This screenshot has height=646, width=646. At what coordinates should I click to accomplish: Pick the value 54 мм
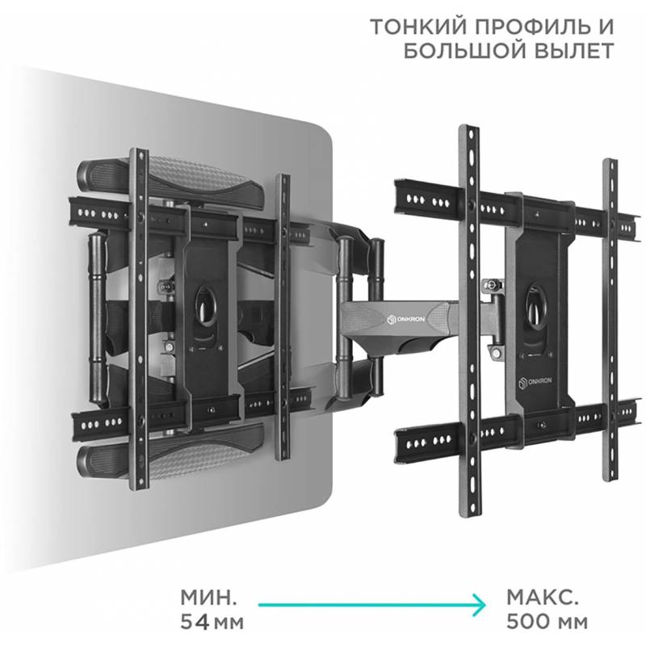click(x=212, y=622)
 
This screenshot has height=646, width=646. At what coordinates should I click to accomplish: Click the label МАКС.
click(x=542, y=598)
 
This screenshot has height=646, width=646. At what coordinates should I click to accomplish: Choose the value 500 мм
click(x=547, y=622)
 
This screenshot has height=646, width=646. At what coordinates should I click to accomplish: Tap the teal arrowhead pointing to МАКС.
click(x=479, y=605)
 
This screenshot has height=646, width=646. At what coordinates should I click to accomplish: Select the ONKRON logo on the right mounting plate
click(x=535, y=383)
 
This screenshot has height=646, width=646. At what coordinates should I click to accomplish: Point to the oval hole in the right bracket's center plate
click(x=536, y=306)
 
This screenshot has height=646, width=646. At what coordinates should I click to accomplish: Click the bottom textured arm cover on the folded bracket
click(x=170, y=451)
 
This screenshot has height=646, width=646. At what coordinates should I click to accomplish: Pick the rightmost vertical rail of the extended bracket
click(x=610, y=320)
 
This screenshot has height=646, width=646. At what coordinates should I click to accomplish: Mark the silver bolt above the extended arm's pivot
click(x=491, y=284)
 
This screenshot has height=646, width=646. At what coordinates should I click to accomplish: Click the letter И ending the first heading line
click(x=605, y=27)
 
